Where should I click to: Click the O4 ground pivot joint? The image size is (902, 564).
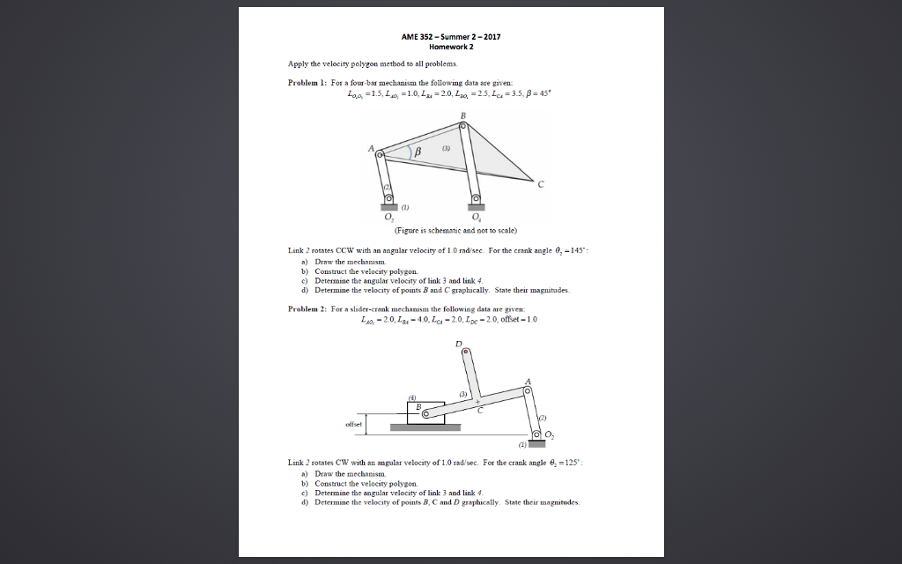pos(476,200)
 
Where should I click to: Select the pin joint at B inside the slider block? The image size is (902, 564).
pos(425,412)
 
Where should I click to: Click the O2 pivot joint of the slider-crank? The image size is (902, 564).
pos(536,434)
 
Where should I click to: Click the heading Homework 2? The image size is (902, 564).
pos(451,47)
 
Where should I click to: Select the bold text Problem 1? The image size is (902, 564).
pos(308,81)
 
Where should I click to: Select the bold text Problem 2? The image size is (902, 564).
pos(308,309)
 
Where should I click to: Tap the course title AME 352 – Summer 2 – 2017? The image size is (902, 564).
pos(451,37)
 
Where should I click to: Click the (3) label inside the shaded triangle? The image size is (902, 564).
pos(446,149)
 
